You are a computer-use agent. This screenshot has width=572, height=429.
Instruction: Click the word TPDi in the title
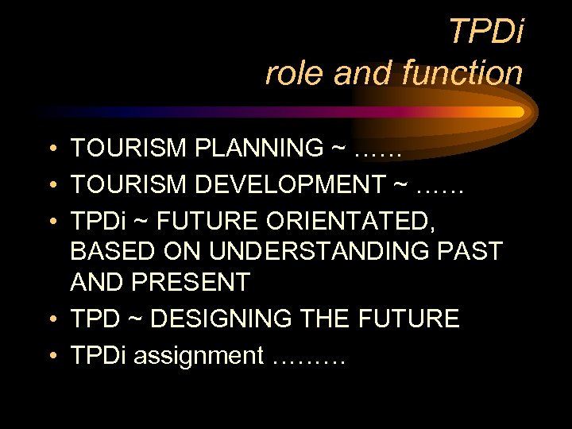485,32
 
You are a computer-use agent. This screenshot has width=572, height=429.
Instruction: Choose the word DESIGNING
220,319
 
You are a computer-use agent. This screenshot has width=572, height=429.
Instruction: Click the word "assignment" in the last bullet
198,356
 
